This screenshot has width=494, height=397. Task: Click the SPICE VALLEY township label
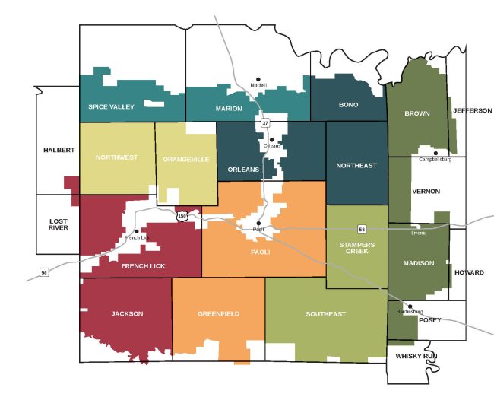tap(111, 107)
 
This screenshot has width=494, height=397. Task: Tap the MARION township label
tap(229, 109)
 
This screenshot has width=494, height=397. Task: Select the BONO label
tap(349, 104)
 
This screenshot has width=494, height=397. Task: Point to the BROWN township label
tap(417, 113)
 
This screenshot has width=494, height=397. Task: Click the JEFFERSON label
tap(473, 110)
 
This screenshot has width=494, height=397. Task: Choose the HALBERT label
tap(58, 150)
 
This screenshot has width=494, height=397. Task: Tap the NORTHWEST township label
tap(116, 157)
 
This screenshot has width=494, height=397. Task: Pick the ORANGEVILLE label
tap(185, 159)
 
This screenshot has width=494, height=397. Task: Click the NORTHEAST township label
tap(356, 165)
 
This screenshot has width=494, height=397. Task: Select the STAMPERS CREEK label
tap(356, 248)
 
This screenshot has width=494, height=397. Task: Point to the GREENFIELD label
tap(218, 313)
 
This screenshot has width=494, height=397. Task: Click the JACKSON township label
tap(126, 313)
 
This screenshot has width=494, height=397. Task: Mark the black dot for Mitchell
tap(258, 78)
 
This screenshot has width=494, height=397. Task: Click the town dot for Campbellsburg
tap(435, 153)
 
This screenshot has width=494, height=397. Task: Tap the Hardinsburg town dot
tap(410, 306)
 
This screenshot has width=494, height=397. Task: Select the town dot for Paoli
tap(259, 223)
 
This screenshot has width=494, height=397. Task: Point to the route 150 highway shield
tap(182, 217)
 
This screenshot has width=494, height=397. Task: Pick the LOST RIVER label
tap(58, 223)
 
